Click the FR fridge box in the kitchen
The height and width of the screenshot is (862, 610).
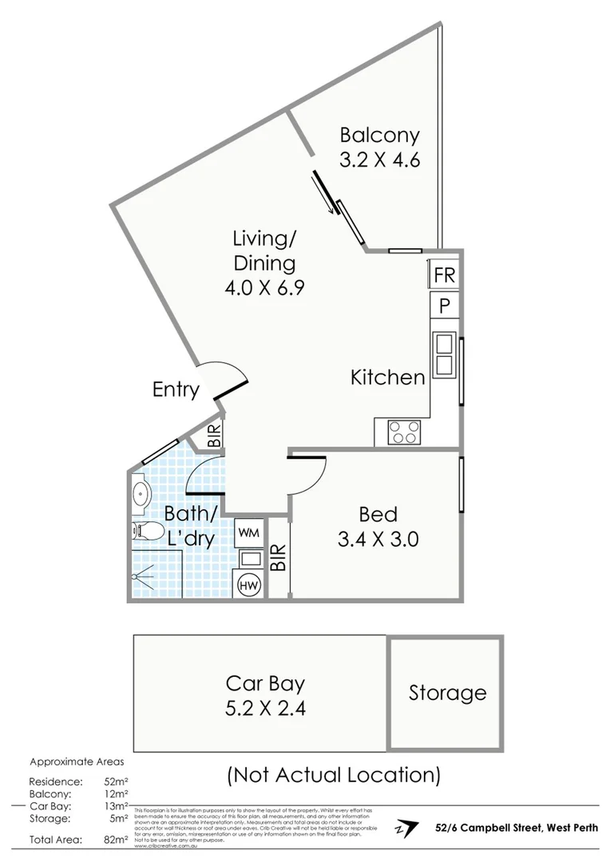(x=444, y=275)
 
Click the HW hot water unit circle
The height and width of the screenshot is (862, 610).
(x=248, y=585)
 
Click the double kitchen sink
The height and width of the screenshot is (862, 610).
(x=443, y=355)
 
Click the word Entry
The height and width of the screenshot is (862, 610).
(x=176, y=389)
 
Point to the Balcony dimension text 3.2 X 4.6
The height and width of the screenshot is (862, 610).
(x=379, y=159)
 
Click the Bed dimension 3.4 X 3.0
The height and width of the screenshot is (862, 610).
(x=378, y=539)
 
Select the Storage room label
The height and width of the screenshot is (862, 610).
(x=447, y=693)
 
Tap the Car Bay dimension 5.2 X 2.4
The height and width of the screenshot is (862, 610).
(x=265, y=707)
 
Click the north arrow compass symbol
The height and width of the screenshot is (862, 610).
(x=407, y=828)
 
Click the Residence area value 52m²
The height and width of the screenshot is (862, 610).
(x=117, y=781)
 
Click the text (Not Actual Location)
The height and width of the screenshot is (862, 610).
(x=334, y=773)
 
